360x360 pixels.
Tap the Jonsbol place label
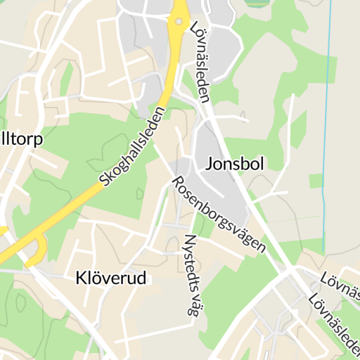click(x=235, y=165)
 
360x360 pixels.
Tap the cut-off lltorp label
click(x=21, y=139)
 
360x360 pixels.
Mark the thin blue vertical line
click(x=326, y=141)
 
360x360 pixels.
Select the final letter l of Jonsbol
click(x=262, y=164)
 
